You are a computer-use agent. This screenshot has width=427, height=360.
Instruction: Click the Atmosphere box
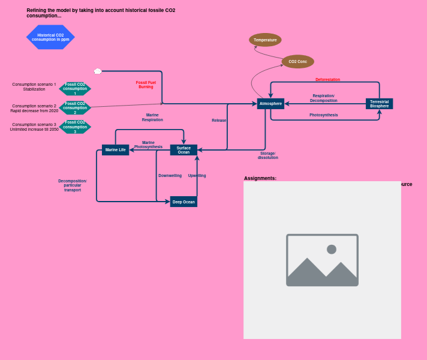click(270, 104)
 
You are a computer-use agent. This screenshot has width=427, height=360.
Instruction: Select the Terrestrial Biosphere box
click(379, 104)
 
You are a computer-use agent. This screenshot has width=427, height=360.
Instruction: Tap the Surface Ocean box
click(184, 150)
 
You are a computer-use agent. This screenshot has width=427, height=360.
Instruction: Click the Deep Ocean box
click(184, 202)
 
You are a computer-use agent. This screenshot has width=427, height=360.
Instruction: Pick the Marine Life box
click(115, 150)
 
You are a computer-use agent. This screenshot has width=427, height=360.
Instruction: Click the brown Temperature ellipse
click(265, 40)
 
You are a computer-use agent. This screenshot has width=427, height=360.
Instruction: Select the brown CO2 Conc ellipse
click(297, 62)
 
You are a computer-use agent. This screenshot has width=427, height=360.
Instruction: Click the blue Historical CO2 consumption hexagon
click(50, 37)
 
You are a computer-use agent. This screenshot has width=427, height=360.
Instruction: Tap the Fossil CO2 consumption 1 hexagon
click(75, 89)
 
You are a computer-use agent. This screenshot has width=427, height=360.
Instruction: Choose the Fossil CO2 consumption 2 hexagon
click(75, 108)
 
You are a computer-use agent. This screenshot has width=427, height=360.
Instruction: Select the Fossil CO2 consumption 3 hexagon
click(75, 127)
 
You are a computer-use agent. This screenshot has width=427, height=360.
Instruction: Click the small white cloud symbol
click(98, 71)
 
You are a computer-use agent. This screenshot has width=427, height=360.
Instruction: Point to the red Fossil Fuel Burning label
click(146, 85)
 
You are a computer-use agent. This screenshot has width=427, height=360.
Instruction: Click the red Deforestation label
click(327, 80)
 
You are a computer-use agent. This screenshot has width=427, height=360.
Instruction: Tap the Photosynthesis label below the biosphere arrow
click(323, 115)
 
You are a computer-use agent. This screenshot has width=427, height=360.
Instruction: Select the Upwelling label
click(197, 176)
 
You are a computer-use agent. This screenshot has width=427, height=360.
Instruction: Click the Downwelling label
click(170, 176)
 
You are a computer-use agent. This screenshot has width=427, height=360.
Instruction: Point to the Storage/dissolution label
click(267, 155)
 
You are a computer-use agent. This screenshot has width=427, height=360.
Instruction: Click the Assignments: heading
click(260, 178)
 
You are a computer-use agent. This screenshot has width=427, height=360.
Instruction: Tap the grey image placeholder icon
click(322, 260)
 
